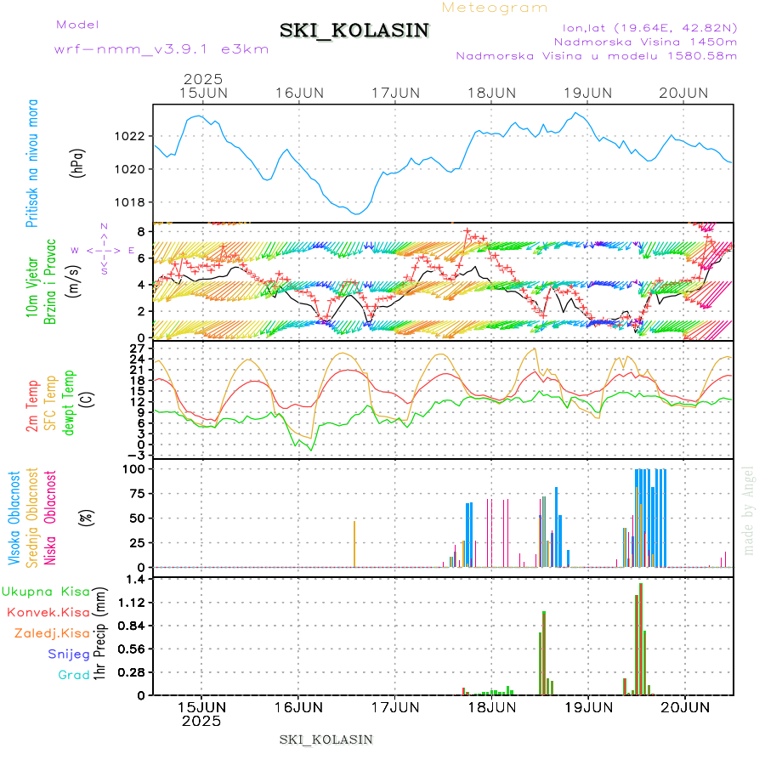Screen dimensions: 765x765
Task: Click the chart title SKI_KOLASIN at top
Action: (354, 31)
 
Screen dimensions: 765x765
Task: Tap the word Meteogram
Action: (495, 8)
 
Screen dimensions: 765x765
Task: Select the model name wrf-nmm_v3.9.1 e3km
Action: (161, 48)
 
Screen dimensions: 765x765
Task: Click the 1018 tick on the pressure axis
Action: (131, 202)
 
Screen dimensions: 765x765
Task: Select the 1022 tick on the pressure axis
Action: (131, 136)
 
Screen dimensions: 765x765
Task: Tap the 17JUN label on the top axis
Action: (395, 92)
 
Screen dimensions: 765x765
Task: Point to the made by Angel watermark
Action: (749, 510)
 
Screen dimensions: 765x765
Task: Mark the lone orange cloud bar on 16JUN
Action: (354, 544)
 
